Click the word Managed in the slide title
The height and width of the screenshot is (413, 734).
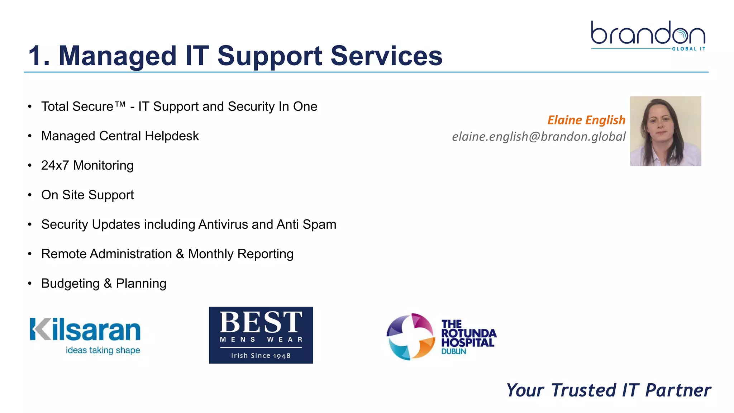coord(117,56)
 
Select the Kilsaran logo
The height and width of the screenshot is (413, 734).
coord(85,335)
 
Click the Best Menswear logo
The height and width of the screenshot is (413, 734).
coord(261,335)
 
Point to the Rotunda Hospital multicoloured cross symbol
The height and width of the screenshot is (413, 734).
coord(411,336)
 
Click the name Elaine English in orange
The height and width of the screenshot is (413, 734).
coord(586,120)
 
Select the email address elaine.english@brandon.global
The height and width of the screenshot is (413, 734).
coord(539,137)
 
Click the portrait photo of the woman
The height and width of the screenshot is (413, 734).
coord(665,131)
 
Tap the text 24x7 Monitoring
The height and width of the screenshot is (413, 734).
coord(87,166)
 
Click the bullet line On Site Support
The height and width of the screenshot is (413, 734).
coord(87,195)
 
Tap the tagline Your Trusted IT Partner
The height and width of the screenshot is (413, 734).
coord(608,390)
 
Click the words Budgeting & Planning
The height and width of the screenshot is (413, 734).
coord(104,284)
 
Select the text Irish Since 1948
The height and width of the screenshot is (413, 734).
coord(261,356)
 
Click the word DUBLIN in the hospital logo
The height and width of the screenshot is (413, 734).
coord(453,352)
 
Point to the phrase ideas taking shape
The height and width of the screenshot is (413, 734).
coord(103,350)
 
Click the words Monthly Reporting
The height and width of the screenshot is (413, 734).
coord(240,254)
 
